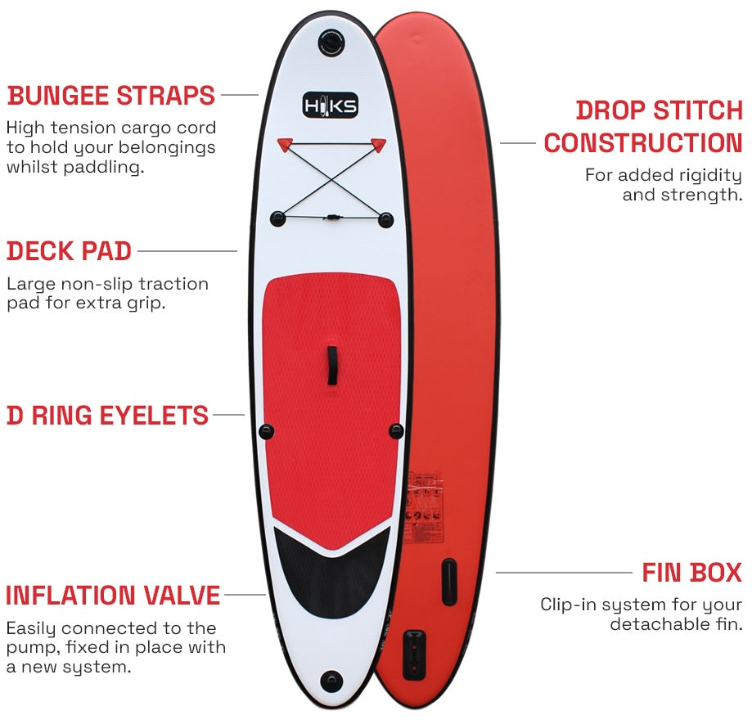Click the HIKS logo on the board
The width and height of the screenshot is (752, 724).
tap(331, 106)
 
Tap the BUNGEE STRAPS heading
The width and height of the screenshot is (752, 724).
tap(111, 96)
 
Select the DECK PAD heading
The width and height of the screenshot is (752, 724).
tap(70, 251)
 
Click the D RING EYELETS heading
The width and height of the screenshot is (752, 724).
tap(108, 416)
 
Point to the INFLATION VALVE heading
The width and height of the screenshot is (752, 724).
tap(113, 596)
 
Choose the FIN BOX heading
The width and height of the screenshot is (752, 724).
tap(691, 572)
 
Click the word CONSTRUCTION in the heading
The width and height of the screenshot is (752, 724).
tap(642, 143)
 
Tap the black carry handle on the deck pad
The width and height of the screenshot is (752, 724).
tap(333, 365)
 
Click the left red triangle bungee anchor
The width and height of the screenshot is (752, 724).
tap(284, 145)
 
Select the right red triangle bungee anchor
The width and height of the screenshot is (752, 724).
tap(378, 145)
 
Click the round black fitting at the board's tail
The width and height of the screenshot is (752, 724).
tap(331, 680)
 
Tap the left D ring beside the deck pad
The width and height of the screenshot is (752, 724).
tap(266, 431)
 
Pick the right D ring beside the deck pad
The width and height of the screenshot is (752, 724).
tap(397, 430)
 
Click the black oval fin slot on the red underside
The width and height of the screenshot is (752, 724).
tap(448, 581)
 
